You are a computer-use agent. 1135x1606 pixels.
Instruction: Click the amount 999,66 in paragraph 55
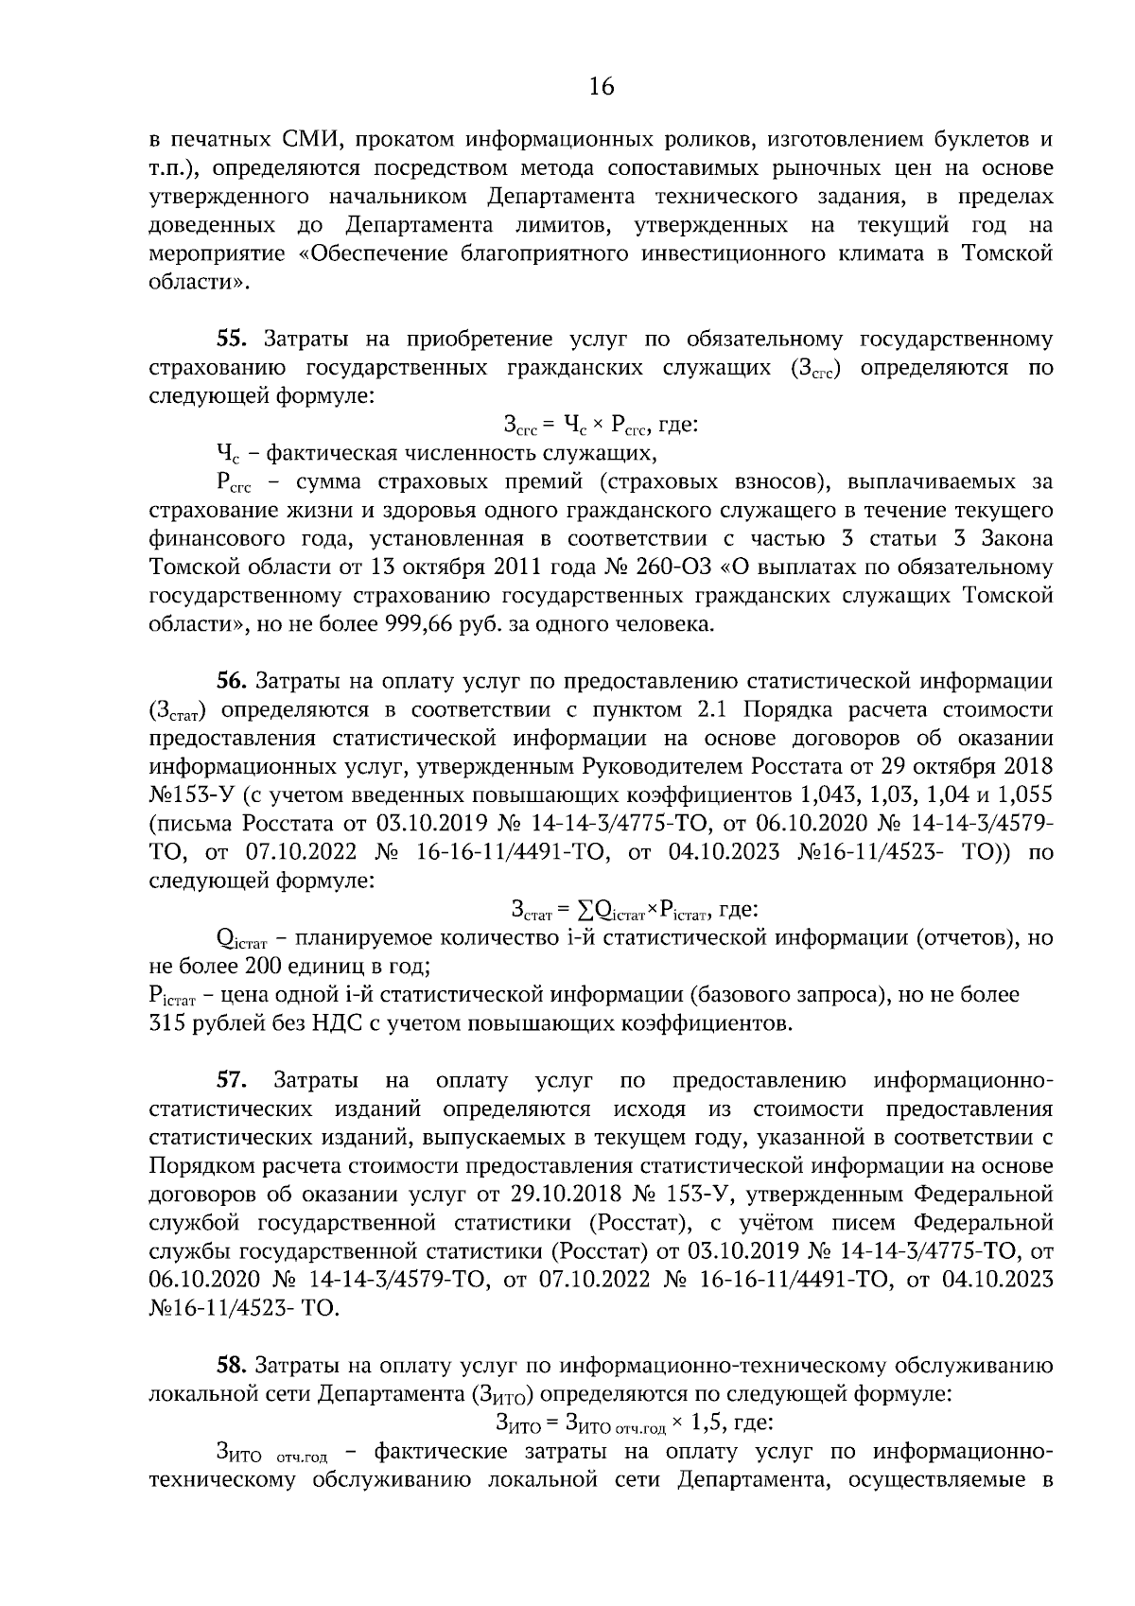(420, 624)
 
